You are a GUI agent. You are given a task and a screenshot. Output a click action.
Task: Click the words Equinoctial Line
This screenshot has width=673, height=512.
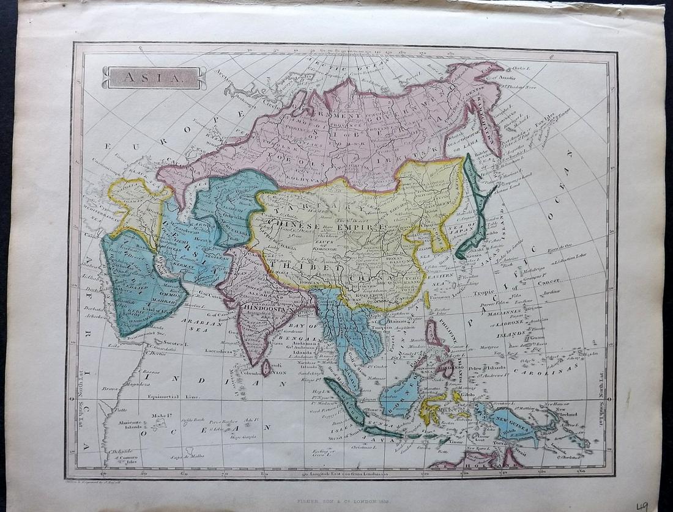tap(173, 397)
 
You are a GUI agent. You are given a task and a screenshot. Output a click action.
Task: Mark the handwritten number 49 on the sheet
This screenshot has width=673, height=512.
tap(642, 505)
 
